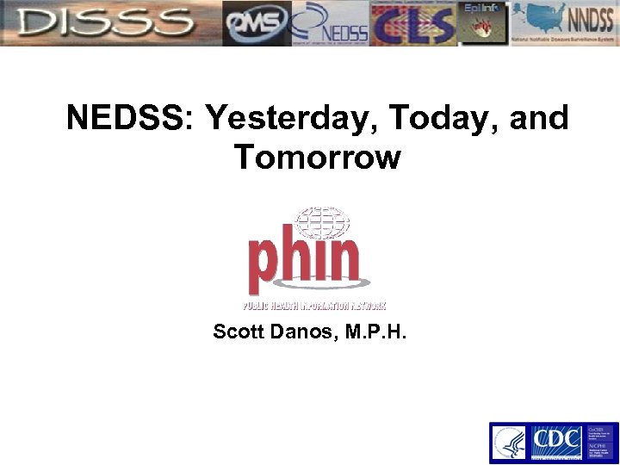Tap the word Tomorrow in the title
tap(317, 158)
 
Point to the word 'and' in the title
tap(539, 119)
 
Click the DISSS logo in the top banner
tap(108, 23)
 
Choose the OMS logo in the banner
tap(256, 23)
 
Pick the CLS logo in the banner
tap(413, 23)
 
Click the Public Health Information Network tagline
tap(313, 305)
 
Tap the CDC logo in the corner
tap(555, 443)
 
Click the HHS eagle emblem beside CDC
tap(509, 443)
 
